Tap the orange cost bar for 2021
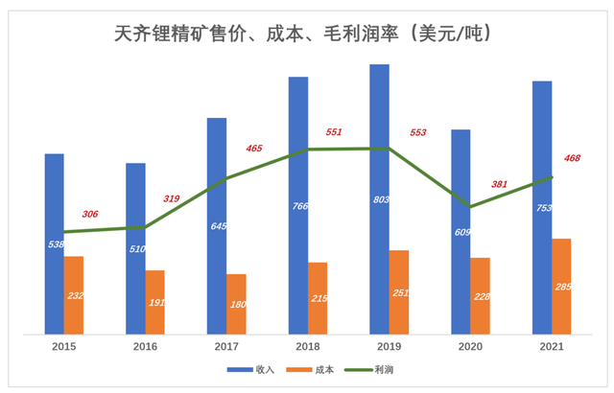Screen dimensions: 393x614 [x=561, y=287]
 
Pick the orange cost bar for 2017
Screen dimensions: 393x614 [x=236, y=305]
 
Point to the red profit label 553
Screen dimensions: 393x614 [x=418, y=132]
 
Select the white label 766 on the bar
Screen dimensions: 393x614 [x=297, y=205]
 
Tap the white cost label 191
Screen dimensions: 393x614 [x=156, y=303]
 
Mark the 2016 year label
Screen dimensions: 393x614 [x=145, y=347]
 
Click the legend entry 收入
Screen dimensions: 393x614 [x=251, y=369]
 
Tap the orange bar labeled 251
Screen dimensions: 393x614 [x=398, y=292]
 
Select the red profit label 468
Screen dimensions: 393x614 [x=571, y=158]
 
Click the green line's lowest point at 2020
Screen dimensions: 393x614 [x=470, y=206]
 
